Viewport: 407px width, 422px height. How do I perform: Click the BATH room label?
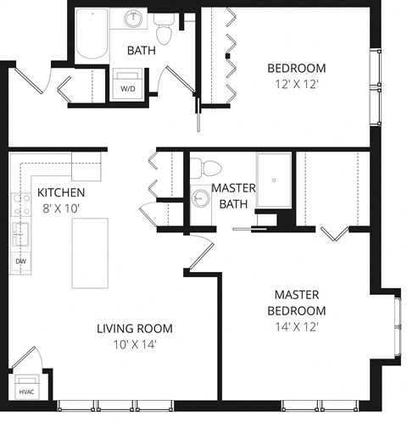[141, 51]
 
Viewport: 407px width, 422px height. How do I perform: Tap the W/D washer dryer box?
[128, 87]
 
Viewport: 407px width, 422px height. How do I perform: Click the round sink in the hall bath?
[134, 18]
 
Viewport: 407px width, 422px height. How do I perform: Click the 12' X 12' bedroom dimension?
[296, 85]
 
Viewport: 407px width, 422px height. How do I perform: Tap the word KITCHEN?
[61, 192]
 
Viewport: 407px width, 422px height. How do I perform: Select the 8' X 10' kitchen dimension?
[61, 208]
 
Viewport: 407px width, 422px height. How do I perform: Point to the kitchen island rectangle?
[89, 253]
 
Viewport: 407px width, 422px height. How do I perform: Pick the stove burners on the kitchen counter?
[19, 205]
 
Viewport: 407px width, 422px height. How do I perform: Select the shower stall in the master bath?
[274, 180]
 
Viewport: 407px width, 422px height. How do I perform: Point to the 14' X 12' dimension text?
[296, 326]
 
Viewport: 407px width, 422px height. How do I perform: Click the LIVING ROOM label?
[134, 329]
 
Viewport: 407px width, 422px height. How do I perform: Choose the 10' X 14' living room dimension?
[134, 344]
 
